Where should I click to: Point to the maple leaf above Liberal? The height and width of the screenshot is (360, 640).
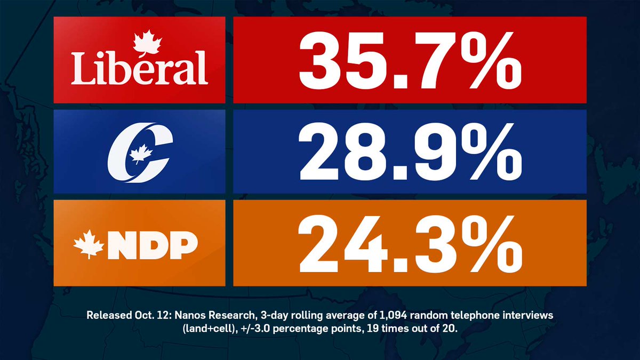(x=142, y=42)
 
